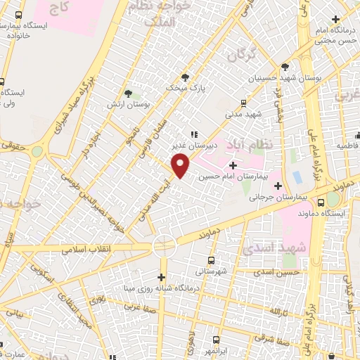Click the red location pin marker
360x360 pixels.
[x=181, y=166]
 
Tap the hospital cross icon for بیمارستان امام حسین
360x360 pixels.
[x=233, y=165]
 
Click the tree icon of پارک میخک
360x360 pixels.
[x=185, y=77]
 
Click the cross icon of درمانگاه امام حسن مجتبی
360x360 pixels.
[x=335, y=19]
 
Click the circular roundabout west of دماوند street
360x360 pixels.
[x=164, y=245]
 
